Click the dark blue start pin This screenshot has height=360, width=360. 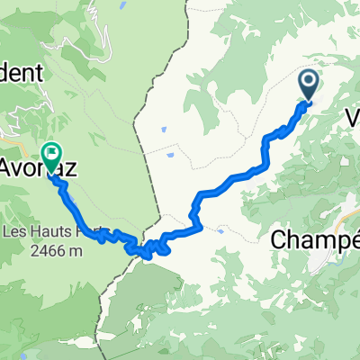(x=308, y=86)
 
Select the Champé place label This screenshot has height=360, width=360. (x=314, y=241)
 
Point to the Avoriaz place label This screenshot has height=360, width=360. (x=40, y=167)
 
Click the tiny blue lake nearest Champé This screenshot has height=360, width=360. (x=221, y=229)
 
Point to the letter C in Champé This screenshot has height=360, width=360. (x=280, y=241)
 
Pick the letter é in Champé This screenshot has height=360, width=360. (x=353, y=240)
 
